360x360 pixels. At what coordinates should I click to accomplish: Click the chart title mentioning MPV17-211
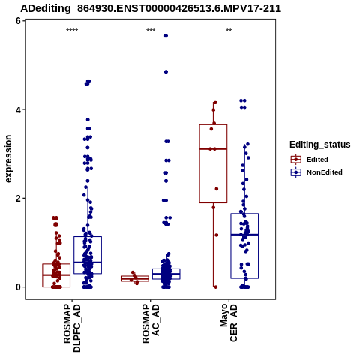pos(151,8)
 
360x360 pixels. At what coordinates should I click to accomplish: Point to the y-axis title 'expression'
pos(8,159)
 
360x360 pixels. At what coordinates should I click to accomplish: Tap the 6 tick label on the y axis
pos(18,21)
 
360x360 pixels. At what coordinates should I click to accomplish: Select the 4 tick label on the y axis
pos(18,109)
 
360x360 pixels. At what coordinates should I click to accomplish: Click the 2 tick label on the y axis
pos(18,198)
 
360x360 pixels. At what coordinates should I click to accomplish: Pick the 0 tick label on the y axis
pos(18,287)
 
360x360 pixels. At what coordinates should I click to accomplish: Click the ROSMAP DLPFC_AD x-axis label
pos(72,328)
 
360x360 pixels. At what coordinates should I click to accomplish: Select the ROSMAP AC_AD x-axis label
pos(151,323)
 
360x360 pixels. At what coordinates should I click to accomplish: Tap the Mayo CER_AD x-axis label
pos(229,322)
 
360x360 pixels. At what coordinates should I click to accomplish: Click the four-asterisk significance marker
pos(72,31)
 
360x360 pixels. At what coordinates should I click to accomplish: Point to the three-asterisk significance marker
pos(151,31)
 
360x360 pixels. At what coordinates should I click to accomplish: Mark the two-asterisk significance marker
pos(229,31)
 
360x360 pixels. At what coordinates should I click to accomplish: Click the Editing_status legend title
pos(320,145)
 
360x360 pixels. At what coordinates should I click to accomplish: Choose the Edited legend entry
pos(317,160)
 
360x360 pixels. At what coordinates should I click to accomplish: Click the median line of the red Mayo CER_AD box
pos(213,149)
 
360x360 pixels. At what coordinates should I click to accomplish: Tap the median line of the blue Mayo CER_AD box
pos(244,235)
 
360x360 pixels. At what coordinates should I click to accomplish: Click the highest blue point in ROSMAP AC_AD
pos(166,36)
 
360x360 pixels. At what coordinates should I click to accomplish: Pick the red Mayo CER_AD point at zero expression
pos(216,287)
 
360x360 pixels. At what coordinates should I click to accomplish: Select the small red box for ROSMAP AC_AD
pos(135,278)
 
